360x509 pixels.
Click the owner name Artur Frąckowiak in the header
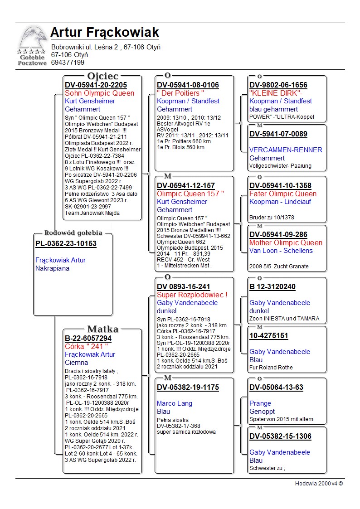pyautogui.click(x=105, y=33)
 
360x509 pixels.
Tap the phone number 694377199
pyautogui.click(x=68, y=63)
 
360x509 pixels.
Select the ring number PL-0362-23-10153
pyautogui.click(x=66, y=244)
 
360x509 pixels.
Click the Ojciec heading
pyautogui.click(x=102, y=76)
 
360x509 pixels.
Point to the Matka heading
pyautogui.click(x=102, y=329)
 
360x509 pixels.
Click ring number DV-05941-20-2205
pyautogui.click(x=96, y=85)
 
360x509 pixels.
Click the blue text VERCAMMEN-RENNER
pyautogui.click(x=286, y=150)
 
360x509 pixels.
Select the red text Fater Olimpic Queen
pyautogui.click(x=283, y=194)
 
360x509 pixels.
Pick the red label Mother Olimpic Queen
pyautogui.click(x=286, y=243)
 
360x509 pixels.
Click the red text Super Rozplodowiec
pyautogui.click(x=192, y=295)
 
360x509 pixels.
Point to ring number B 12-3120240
pyautogui.click(x=272, y=287)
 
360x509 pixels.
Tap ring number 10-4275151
pyautogui.click(x=268, y=336)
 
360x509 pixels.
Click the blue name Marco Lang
pyautogui.click(x=175, y=403)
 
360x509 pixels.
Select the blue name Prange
pyautogui.click(x=260, y=403)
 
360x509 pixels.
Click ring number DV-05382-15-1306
pyautogui.click(x=280, y=436)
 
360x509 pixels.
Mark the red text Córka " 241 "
pyautogui.click(x=86, y=347)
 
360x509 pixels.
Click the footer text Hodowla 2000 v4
pyautogui.click(x=319, y=484)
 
